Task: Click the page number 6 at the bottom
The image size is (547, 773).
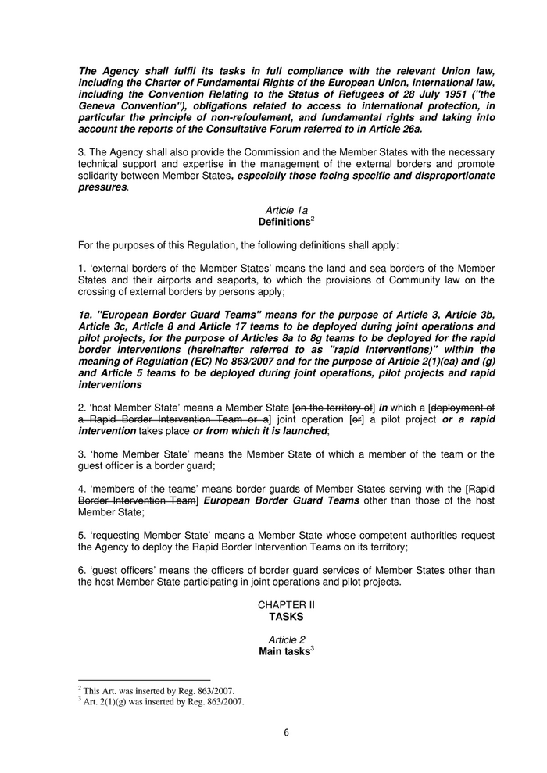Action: pos(286,733)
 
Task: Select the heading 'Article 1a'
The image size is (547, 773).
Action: pos(286,211)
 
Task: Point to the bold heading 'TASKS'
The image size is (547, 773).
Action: pos(286,617)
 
